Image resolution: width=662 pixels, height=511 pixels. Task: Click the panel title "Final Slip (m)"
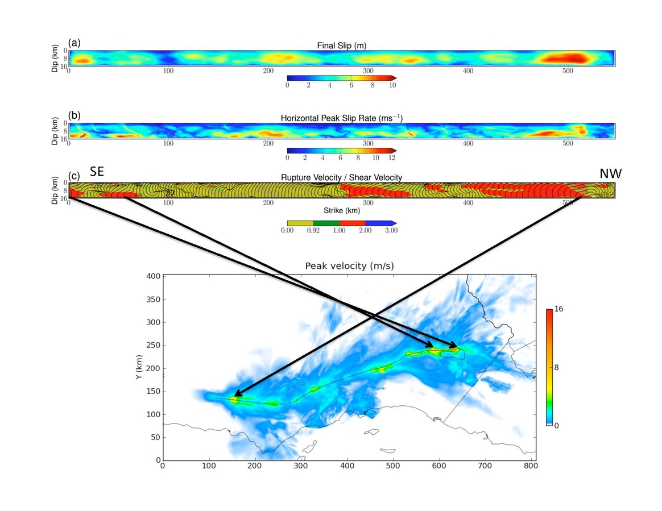click(341, 45)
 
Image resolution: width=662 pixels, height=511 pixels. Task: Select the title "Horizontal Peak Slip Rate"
click(341, 118)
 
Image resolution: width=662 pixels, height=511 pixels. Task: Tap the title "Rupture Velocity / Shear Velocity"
click(341, 177)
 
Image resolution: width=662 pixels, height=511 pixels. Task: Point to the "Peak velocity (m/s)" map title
click(349, 265)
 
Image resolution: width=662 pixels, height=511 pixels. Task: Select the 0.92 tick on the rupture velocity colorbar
click(313, 230)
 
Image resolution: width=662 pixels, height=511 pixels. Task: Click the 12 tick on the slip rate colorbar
click(392, 157)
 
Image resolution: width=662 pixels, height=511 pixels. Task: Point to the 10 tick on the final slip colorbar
click(392, 85)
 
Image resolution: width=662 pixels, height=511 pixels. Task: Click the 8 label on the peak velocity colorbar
click(558, 367)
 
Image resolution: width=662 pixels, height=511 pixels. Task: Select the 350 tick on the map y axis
click(152, 299)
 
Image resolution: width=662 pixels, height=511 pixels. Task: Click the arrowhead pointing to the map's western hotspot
click(235, 394)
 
